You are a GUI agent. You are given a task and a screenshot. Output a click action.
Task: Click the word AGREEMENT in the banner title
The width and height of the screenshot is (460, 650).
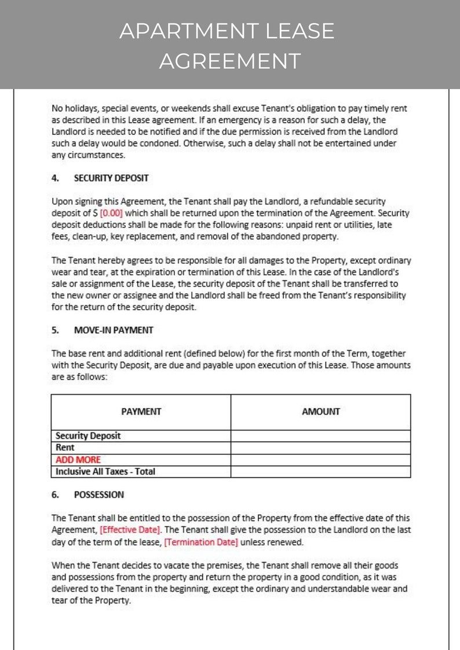230,61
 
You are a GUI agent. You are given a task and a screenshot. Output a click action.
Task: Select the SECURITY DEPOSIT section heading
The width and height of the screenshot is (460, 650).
111,178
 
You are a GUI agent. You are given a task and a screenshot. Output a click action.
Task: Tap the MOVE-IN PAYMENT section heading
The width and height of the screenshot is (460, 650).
114,330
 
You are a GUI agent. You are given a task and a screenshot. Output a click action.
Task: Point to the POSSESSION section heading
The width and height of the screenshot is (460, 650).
98,495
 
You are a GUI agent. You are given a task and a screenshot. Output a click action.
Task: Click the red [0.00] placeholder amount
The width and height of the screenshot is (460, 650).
112,213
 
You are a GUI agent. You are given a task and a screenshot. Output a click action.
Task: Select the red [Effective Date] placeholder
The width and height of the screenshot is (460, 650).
130,530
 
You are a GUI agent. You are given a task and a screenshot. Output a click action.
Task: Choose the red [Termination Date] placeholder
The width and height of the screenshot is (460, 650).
201,542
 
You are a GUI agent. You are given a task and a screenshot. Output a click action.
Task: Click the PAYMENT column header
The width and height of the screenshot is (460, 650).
141,412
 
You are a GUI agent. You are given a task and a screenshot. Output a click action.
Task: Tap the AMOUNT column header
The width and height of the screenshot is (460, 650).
320,412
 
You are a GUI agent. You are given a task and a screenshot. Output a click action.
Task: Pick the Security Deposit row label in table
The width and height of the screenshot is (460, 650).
88,436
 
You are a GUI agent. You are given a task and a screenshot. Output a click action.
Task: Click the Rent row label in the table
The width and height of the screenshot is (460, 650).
65,448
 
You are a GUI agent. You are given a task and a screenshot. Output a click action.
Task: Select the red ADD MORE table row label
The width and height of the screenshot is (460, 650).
78,460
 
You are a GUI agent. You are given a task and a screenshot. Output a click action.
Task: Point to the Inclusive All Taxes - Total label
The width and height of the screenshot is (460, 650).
105,472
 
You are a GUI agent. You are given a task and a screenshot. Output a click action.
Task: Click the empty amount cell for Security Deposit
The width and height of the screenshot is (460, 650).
320,436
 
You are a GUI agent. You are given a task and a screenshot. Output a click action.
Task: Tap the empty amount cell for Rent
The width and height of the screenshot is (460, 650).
320,448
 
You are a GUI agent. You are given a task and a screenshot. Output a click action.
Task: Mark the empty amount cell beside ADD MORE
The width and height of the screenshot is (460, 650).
320,460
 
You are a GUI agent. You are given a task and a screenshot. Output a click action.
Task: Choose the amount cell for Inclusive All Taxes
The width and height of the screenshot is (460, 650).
320,472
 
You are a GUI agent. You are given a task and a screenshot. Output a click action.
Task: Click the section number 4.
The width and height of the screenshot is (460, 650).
55,178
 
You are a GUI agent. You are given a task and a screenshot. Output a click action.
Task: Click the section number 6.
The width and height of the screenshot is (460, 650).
55,495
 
